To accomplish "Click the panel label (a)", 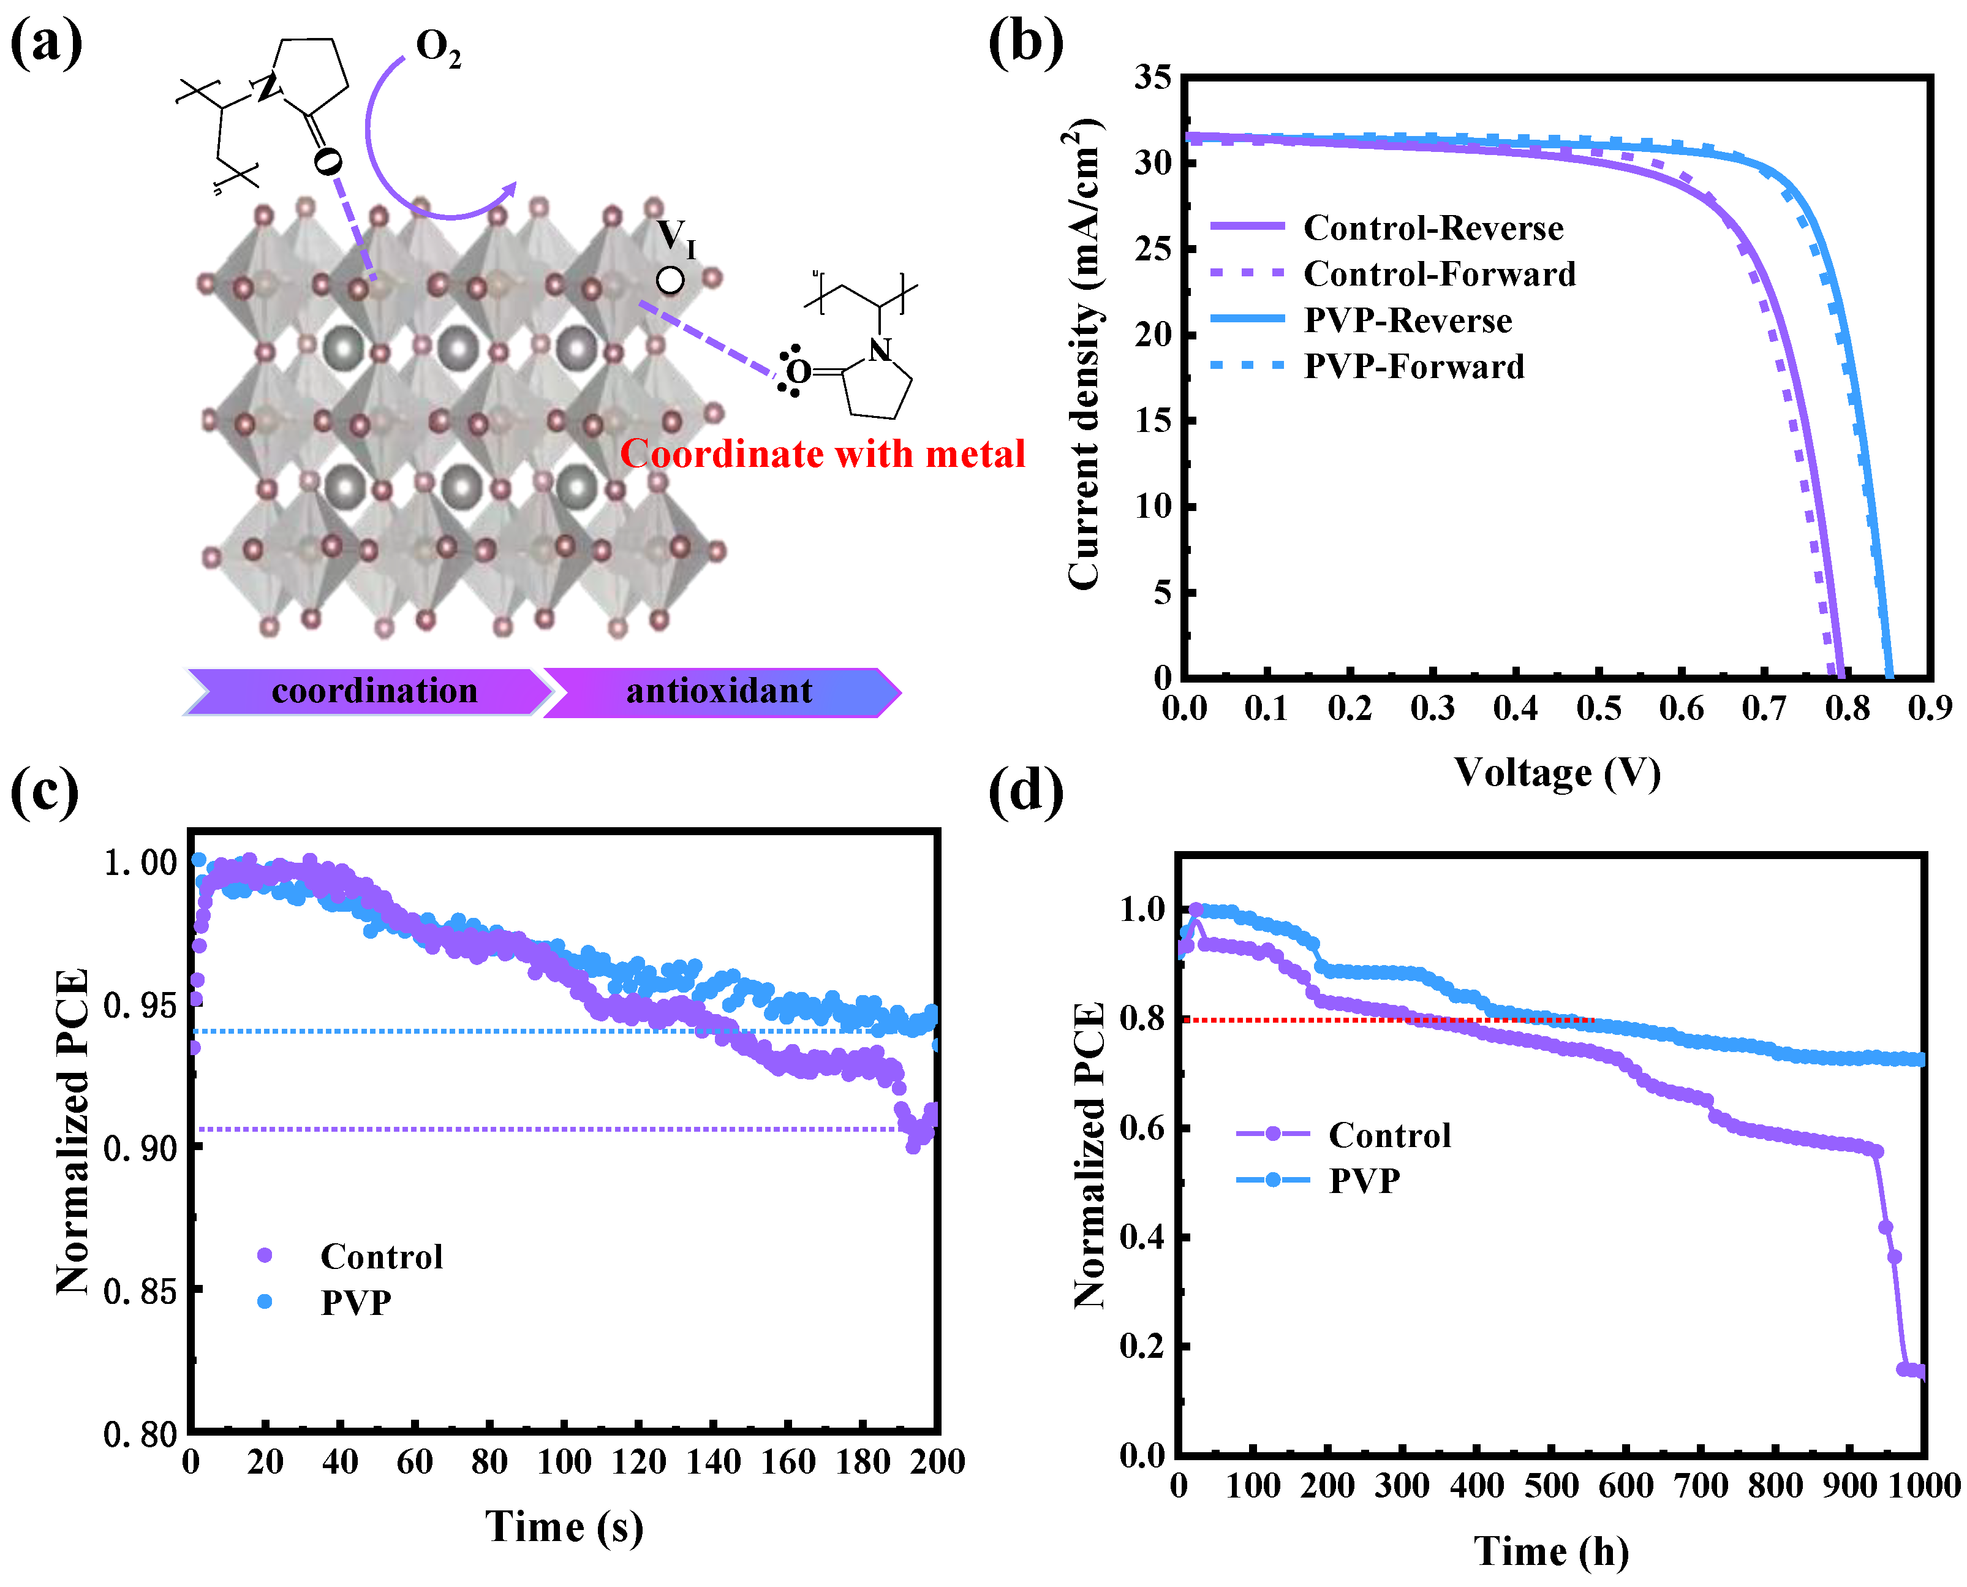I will (x=46, y=43).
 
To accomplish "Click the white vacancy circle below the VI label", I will (x=670, y=281).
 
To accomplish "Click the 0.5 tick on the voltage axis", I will (x=1597, y=708).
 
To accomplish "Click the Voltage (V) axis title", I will (x=1557, y=773).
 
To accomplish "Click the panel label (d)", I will (x=1025, y=791).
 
